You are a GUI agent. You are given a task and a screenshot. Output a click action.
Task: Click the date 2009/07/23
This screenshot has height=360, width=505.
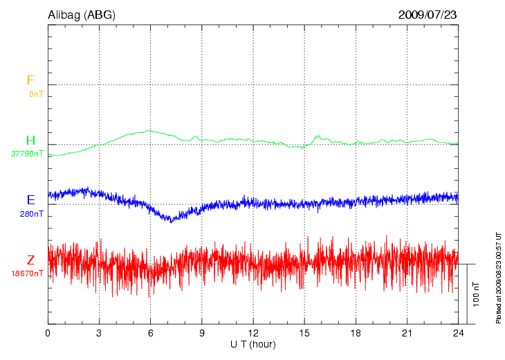[428, 15]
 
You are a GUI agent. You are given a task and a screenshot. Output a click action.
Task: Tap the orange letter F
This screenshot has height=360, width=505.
[30, 80]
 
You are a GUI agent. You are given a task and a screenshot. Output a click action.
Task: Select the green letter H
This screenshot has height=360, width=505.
[30, 141]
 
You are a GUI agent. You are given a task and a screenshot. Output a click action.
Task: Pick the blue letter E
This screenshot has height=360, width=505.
[30, 200]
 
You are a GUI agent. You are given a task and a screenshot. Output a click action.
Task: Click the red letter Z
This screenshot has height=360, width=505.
[30, 260]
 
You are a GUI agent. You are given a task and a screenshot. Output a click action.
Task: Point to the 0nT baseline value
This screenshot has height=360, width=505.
[36, 93]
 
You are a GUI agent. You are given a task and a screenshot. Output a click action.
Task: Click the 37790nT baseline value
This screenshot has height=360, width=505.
[28, 154]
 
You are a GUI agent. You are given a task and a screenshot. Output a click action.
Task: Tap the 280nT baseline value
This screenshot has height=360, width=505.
[32, 214]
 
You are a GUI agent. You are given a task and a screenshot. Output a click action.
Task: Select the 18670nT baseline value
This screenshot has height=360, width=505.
[28, 273]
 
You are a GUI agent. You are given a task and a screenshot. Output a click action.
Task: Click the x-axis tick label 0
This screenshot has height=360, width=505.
[48, 333]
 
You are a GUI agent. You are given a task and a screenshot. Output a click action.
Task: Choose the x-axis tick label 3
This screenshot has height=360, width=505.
[99, 333]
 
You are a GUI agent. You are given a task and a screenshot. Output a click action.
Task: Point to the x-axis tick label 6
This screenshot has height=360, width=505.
[150, 333]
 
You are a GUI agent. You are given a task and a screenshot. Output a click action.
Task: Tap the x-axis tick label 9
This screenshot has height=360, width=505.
[201, 333]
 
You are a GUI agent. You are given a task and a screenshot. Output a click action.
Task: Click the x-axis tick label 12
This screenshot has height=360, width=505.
[252, 333]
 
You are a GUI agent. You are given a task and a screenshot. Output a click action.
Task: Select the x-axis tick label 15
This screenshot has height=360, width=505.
[304, 333]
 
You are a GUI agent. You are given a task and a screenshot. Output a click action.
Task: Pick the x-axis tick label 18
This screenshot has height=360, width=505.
[356, 333]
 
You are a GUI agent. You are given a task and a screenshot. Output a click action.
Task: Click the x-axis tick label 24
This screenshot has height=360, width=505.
[458, 333]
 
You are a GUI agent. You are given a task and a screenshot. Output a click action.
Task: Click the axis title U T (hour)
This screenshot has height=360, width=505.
[253, 344]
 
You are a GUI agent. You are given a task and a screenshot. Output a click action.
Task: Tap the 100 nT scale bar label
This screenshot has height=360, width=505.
[476, 294]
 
